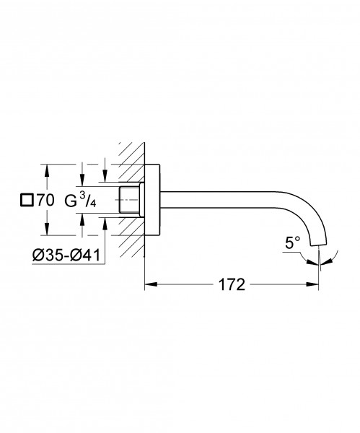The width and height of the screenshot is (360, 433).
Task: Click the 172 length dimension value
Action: [x=232, y=284]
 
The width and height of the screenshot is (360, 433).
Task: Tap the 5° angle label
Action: [x=293, y=242]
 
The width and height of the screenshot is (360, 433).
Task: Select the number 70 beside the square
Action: [x=45, y=200]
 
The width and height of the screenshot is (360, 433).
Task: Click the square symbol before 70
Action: [x=27, y=200]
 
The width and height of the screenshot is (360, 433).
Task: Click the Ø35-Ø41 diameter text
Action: [x=66, y=255]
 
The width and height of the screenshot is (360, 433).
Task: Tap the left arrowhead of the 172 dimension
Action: [x=151, y=284]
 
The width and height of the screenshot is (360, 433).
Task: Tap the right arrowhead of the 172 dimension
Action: [x=312, y=284]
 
